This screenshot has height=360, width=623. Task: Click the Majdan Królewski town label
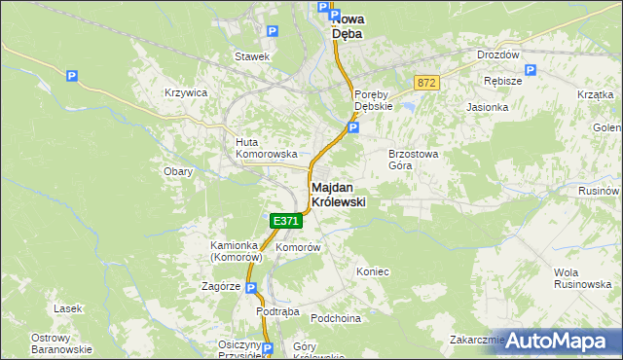pyautogui.click(x=338, y=194)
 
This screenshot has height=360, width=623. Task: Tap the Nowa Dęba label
pyautogui.click(x=347, y=25)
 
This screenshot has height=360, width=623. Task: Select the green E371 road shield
pyautogui.click(x=285, y=221)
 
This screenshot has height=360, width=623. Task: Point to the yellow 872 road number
pyautogui.click(x=425, y=84)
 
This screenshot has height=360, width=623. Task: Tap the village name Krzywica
pyautogui.click(x=186, y=92)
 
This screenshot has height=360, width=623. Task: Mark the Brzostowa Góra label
pyautogui.click(x=415, y=160)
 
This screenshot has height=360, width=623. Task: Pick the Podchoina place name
pyautogui.click(x=336, y=318)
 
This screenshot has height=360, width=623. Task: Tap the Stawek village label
pyautogui.click(x=251, y=56)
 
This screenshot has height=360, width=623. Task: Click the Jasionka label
pyautogui.click(x=487, y=107)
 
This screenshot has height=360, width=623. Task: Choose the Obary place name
pyautogui.click(x=178, y=171)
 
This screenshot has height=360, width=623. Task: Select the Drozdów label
pyautogui.click(x=497, y=55)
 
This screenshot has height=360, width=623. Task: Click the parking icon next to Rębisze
pyautogui.click(x=530, y=70)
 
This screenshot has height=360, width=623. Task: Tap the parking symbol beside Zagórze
pyautogui.click(x=250, y=288)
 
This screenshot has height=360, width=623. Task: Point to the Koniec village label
pyautogui.click(x=373, y=271)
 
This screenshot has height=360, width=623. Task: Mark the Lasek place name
pyautogui.click(x=68, y=308)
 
